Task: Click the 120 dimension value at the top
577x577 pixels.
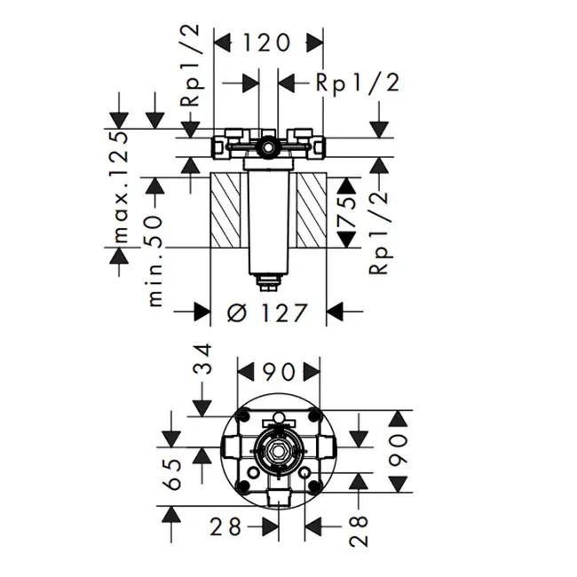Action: point(267,43)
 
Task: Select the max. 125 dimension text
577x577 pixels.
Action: point(121,187)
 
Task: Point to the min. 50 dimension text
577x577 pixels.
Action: point(155,261)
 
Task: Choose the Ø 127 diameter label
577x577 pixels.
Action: point(266,313)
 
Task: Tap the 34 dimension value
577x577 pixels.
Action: point(203,359)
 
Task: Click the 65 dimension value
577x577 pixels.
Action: point(172,474)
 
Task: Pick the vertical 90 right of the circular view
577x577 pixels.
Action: point(398,450)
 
